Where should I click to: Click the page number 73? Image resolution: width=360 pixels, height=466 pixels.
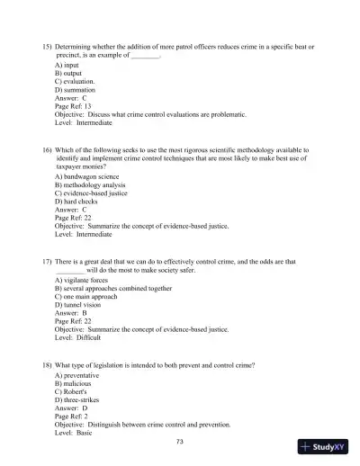180,442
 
